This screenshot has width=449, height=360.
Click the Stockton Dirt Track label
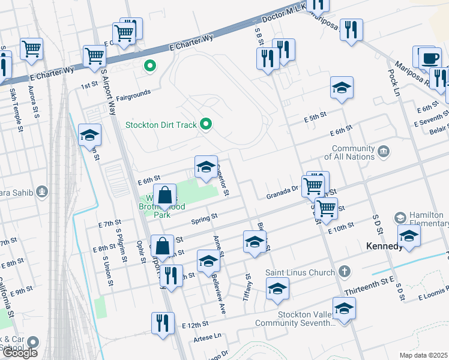click(x=161, y=125)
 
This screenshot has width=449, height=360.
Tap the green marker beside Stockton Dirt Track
click(x=206, y=125)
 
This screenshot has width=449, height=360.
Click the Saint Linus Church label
click(x=300, y=272)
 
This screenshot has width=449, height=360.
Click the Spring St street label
click(x=203, y=220)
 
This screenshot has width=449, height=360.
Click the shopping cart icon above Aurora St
click(x=31, y=49)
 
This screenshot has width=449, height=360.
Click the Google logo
click(x=20, y=352)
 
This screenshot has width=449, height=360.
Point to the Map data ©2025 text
click(x=423, y=355)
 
